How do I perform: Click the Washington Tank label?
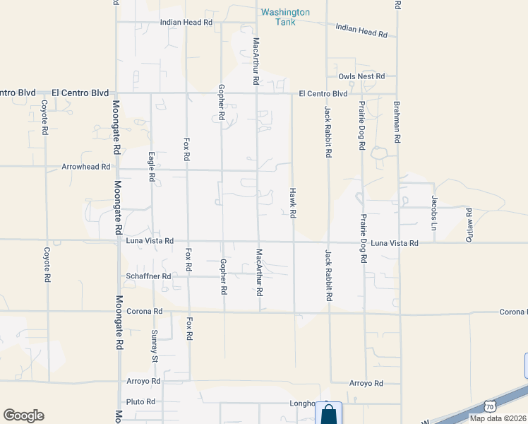[284, 17]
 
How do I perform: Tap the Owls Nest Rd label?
[361, 76]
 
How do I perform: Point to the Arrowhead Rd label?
[86, 167]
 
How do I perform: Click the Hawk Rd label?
[292, 203]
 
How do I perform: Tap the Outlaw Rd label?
[469, 225]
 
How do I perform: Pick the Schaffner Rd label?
[149, 276]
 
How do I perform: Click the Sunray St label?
[155, 346]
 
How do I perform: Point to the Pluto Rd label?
[141, 401]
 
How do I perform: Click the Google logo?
[23, 415]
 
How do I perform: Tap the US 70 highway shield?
[490, 405]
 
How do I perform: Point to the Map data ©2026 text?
[498, 418]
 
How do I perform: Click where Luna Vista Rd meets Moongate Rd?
[118, 241]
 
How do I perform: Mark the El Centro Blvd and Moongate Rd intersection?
[117, 93]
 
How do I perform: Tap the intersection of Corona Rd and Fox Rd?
[188, 311]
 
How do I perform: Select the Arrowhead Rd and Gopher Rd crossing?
[222, 170]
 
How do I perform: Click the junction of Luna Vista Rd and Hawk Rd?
[293, 242]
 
